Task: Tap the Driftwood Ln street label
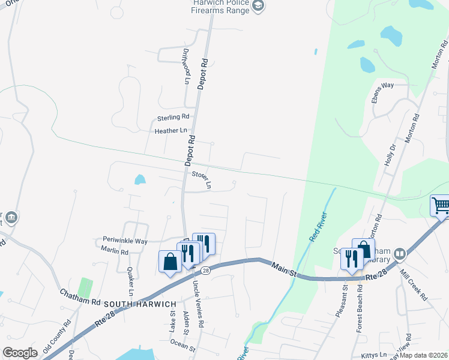pyautogui.click(x=186, y=66)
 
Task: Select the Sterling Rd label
pyautogui.click(x=173, y=117)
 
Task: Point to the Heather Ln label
pyautogui.click(x=171, y=130)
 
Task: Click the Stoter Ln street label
pyautogui.click(x=202, y=179)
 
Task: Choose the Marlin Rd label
pyautogui.click(x=115, y=251)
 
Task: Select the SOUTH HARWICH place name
pyautogui.click(x=139, y=305)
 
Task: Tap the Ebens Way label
pyautogui.click(x=382, y=85)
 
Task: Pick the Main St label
pyautogui.click(x=285, y=269)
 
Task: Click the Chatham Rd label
pyautogui.click(x=80, y=297)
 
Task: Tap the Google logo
pyautogui.click(x=20, y=353)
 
